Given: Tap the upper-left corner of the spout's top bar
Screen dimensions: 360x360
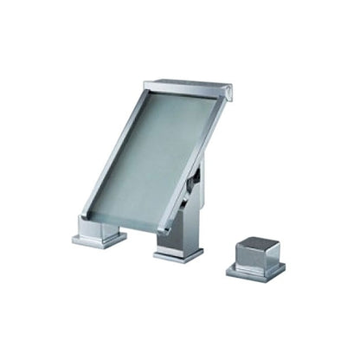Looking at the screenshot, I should pos(144,83).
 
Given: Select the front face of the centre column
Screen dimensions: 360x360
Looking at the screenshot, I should pos(177,238).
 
